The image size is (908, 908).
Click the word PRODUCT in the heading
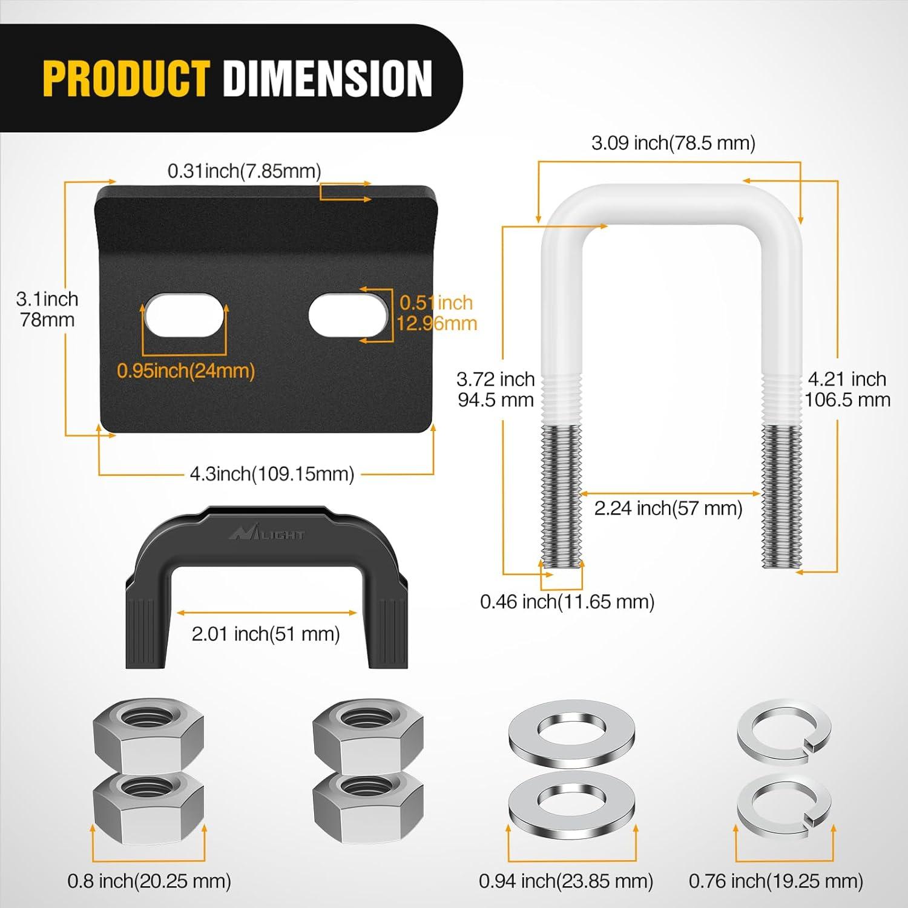126,78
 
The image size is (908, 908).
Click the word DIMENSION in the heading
327,78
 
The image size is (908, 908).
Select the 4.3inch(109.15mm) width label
272,473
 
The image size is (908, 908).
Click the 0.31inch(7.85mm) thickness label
244,171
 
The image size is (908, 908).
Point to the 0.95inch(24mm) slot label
186,370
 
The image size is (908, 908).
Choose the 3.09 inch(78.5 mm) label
673,143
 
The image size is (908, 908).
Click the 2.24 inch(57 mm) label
668,508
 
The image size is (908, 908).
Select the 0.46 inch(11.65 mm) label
567,602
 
